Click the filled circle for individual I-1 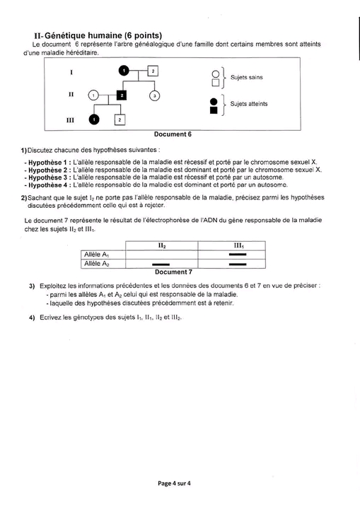click(x=124, y=70)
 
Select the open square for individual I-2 click(x=153, y=71)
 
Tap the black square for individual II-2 click(x=122, y=95)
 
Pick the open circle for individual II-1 click(x=93, y=95)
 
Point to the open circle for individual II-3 click(x=155, y=95)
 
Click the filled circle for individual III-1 click(x=94, y=119)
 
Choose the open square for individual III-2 click(x=120, y=119)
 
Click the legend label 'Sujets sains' click(x=247, y=77)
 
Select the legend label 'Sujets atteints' click(x=249, y=104)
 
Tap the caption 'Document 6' click(x=173, y=134)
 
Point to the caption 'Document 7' click(x=173, y=272)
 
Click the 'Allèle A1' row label click(x=96, y=255)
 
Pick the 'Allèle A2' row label click(x=96, y=264)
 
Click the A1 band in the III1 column click(x=238, y=255)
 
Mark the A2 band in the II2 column click(x=161, y=264)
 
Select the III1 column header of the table click(x=239, y=246)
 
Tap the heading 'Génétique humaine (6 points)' click(x=103, y=35)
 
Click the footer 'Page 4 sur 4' click(x=174, y=484)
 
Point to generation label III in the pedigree click(x=70, y=120)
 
